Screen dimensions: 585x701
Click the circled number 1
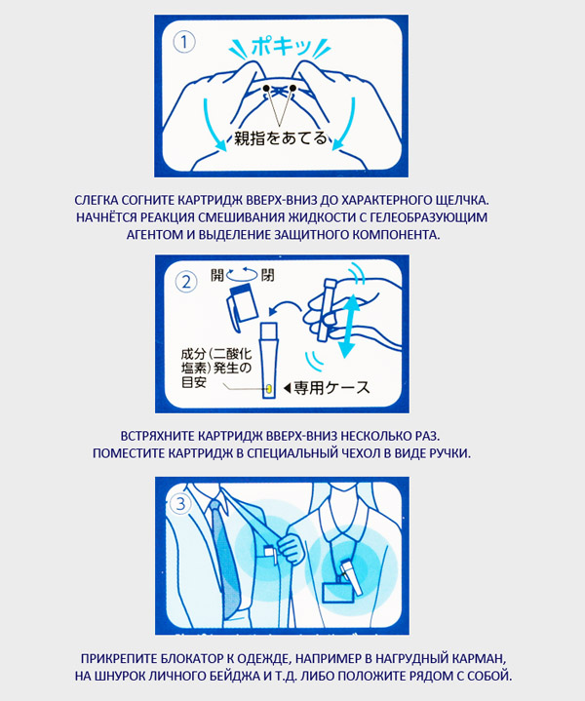point(184,43)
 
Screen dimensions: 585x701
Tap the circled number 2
point(186,282)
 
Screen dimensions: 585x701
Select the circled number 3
point(180,503)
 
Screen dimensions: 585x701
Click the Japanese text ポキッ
point(281,46)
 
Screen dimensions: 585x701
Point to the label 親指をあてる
point(281,138)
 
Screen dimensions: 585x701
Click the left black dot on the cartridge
point(266,88)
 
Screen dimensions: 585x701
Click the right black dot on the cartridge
point(292,88)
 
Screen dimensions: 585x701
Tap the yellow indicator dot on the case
point(270,388)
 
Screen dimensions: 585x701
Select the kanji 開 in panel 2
point(217,275)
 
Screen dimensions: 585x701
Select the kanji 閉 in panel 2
point(268,275)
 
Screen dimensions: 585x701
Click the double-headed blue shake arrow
point(348,326)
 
